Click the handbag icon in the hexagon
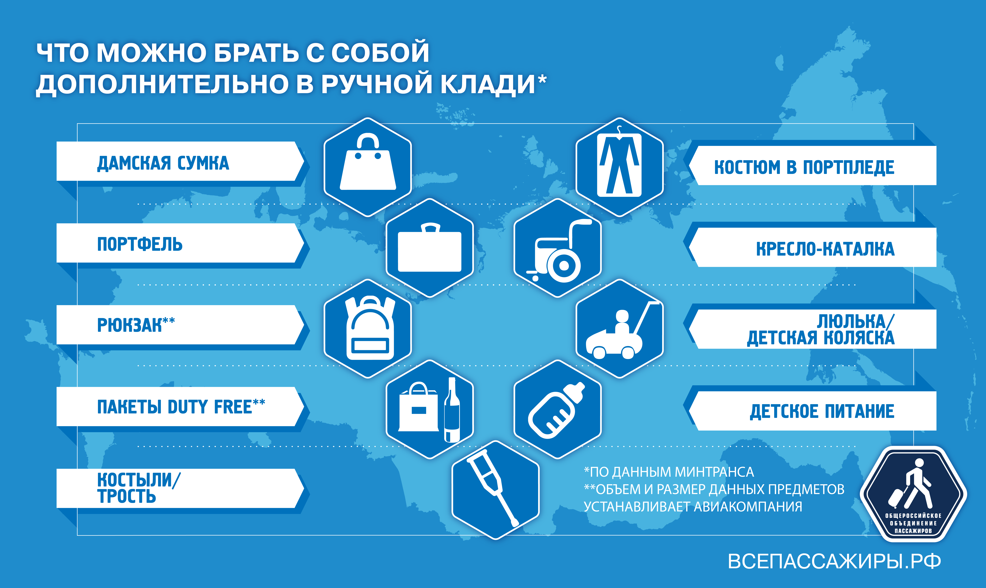368,162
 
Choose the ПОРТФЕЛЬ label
140,244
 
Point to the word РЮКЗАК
130,325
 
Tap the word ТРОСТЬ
127,497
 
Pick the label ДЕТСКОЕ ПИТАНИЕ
822,411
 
